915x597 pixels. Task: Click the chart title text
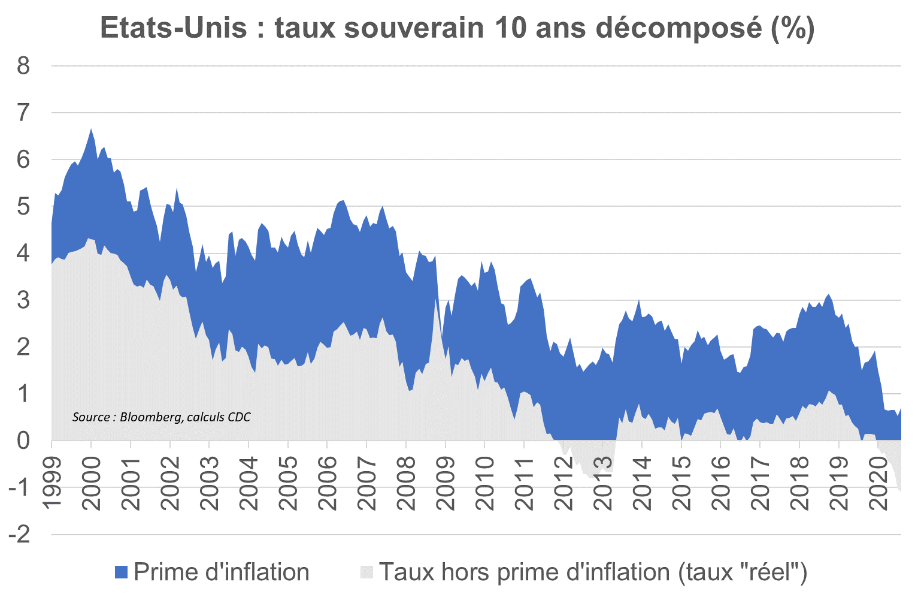pyautogui.click(x=457, y=28)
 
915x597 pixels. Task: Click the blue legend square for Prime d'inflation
pyautogui.click(x=122, y=572)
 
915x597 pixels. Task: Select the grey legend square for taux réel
pyautogui.click(x=366, y=572)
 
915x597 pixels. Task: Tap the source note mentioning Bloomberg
pyautogui.click(x=161, y=417)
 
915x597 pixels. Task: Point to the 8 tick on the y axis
pyautogui.click(x=23, y=66)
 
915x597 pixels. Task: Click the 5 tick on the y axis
pyautogui.click(x=23, y=207)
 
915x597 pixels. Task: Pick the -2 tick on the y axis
pyautogui.click(x=19, y=534)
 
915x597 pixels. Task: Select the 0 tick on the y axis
pyautogui.click(x=23, y=441)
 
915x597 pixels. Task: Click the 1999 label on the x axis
pyautogui.click(x=52, y=483)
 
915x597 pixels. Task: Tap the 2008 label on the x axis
pyautogui.click(x=407, y=483)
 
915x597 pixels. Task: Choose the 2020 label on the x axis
pyautogui.click(x=878, y=483)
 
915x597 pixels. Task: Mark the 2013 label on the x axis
pyautogui.click(x=603, y=483)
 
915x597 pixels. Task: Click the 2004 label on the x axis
pyautogui.click(x=249, y=483)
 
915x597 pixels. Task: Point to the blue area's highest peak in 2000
pyautogui.click(x=91, y=129)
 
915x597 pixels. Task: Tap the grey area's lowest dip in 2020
pyautogui.click(x=900, y=490)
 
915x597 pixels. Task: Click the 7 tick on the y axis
pyautogui.click(x=23, y=113)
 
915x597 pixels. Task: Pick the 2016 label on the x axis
pyautogui.click(x=721, y=483)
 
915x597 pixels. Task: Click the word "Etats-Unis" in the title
pyautogui.click(x=173, y=28)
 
